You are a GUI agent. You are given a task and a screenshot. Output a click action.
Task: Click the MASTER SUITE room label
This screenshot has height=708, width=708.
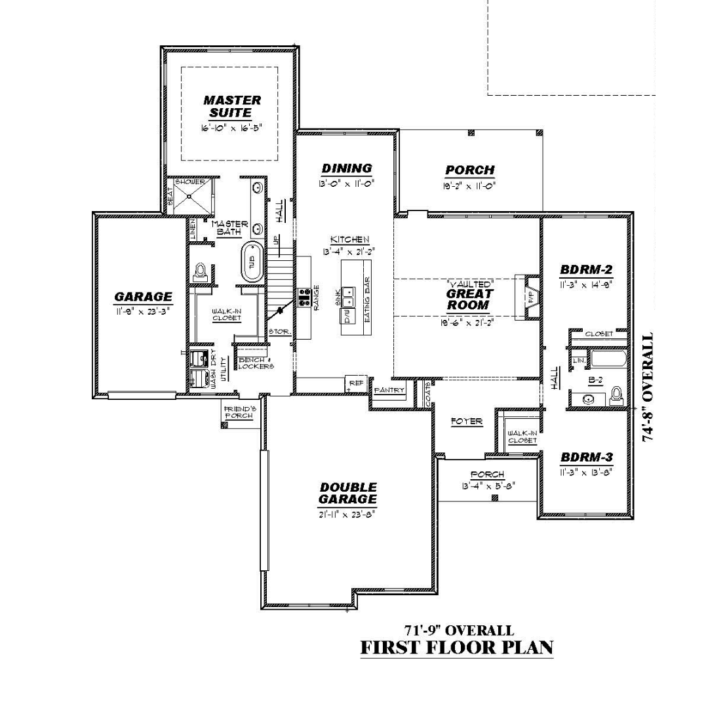click(231, 106)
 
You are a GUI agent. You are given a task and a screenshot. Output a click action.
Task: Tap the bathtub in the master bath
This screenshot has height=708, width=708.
click(251, 262)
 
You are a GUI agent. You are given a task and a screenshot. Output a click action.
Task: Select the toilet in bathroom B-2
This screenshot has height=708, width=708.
click(616, 394)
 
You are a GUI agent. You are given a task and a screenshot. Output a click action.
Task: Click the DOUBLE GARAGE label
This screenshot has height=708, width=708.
click(347, 493)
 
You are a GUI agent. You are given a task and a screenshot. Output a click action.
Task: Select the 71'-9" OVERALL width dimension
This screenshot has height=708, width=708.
click(458, 630)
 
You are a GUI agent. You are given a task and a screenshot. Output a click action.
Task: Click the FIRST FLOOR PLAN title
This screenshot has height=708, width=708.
click(457, 648)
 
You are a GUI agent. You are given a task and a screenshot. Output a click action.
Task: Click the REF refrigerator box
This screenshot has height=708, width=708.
click(355, 383)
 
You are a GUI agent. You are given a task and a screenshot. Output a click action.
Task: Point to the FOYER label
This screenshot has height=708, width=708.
click(467, 422)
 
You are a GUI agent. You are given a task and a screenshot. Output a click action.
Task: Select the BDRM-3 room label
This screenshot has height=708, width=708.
click(586, 458)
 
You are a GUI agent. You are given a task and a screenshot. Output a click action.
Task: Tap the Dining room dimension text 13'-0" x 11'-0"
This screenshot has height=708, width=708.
click(347, 185)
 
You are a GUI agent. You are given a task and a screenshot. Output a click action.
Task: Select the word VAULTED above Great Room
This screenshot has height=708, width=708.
click(469, 285)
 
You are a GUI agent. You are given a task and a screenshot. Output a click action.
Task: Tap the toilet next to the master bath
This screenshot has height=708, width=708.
click(201, 272)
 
